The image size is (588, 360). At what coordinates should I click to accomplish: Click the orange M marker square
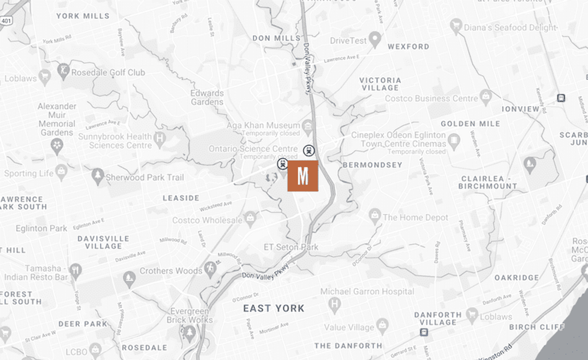[x=302, y=176]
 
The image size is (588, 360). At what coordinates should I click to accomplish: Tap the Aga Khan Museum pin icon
[x=308, y=125]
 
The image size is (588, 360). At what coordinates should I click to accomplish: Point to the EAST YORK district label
[x=274, y=308]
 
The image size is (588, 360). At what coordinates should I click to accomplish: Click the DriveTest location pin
[x=375, y=41]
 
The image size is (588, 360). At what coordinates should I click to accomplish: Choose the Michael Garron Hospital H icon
[x=334, y=305]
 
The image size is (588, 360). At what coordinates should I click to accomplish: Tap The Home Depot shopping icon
[x=375, y=215]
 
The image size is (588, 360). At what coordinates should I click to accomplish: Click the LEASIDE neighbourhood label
[x=181, y=198]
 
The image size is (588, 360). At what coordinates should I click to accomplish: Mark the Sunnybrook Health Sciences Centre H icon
[x=159, y=140]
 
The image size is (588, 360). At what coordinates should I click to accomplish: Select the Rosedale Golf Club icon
[x=62, y=72]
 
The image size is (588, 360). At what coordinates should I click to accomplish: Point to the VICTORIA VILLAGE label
[x=380, y=83]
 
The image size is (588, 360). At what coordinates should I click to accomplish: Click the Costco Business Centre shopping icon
[x=486, y=97]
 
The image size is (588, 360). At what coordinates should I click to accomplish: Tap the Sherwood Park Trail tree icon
[x=98, y=176]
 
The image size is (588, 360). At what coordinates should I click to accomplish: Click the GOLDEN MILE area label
[x=470, y=124]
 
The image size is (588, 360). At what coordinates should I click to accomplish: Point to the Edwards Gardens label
[x=206, y=97]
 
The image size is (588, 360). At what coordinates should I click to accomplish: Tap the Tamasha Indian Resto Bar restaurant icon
[x=74, y=271]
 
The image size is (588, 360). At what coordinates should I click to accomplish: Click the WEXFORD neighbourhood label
[x=408, y=46]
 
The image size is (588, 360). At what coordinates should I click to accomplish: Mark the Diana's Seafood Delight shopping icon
[x=456, y=26]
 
